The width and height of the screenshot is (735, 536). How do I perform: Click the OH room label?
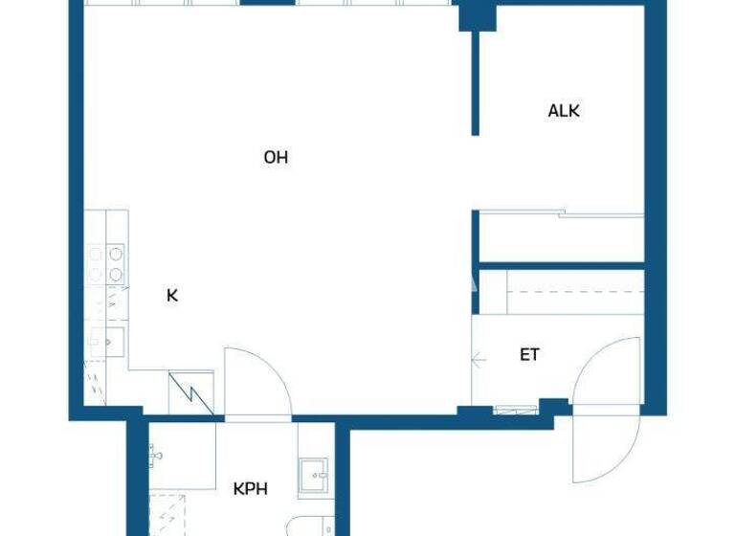[276, 158]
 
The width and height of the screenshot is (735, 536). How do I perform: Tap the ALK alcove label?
[564, 111]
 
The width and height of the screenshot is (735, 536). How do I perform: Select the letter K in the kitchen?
[172, 296]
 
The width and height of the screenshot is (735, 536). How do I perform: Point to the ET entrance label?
[529, 355]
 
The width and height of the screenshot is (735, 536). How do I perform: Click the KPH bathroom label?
[251, 489]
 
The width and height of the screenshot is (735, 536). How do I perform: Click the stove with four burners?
[106, 264]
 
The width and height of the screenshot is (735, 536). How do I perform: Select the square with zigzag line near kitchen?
[190, 393]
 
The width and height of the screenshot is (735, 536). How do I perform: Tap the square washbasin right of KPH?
[313, 476]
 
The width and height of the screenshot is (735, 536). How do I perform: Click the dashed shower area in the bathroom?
[170, 512]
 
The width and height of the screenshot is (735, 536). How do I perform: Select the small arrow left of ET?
[479, 360]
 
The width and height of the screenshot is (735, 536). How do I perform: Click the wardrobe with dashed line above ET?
[561, 292]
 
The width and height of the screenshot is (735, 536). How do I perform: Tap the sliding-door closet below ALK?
[561, 235]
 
